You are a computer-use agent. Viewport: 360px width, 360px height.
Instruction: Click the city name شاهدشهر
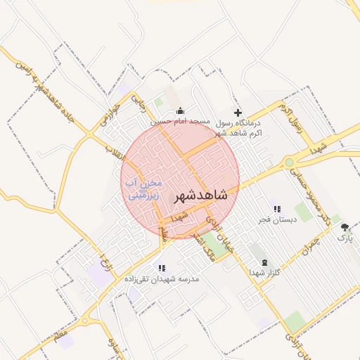(199, 194)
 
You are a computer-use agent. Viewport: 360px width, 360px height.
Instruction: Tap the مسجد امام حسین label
(182, 122)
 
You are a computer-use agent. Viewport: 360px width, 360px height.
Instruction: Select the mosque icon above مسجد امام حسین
(181, 110)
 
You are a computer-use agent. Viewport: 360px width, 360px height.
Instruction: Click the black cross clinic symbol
(238, 112)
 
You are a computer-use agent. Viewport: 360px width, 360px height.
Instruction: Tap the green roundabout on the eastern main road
(289, 162)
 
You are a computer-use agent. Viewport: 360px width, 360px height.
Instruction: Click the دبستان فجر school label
(277, 219)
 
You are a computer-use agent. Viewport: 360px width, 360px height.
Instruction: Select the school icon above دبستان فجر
(277, 209)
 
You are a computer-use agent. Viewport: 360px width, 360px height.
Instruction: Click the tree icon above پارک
(345, 227)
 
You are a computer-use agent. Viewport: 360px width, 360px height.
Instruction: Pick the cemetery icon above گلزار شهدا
(255, 262)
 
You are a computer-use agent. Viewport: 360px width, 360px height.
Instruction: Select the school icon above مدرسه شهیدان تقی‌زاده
(162, 268)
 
